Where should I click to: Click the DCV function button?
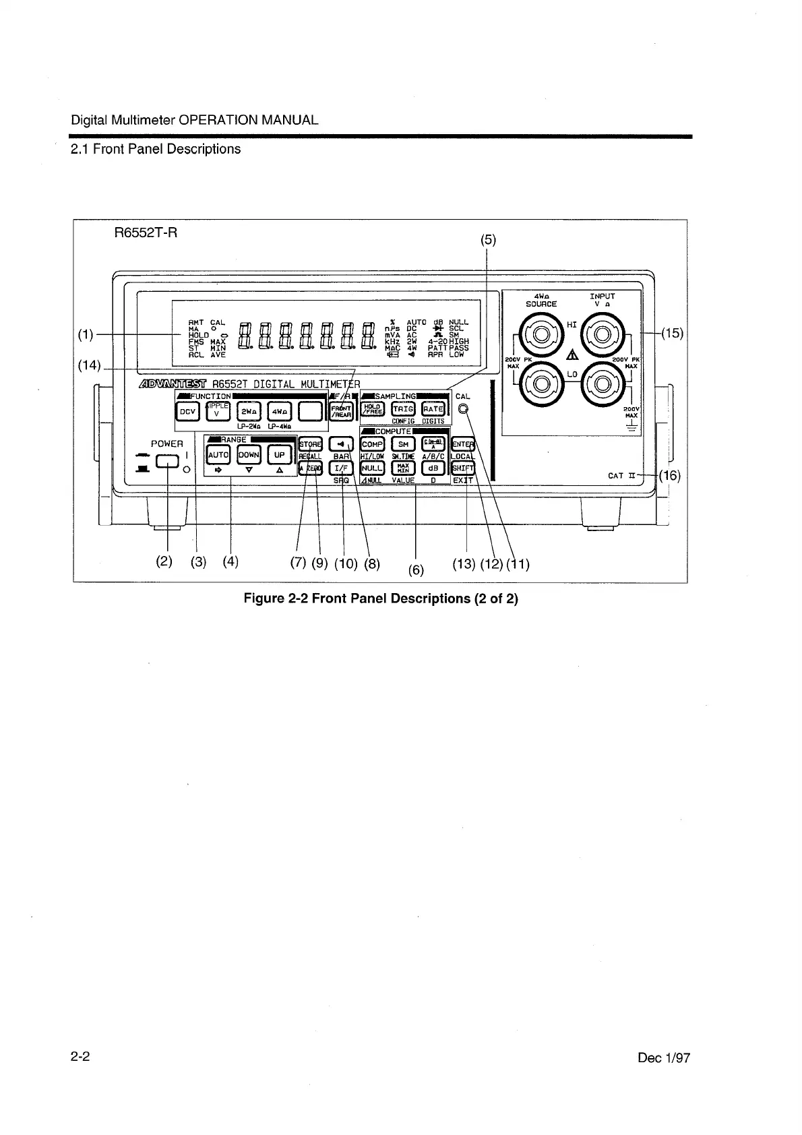coord(187,410)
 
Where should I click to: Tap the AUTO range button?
coord(218,455)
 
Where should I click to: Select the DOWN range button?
coord(249,455)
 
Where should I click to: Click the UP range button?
coord(279,455)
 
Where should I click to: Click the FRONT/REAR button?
coord(342,410)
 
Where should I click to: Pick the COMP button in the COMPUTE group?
coord(372,444)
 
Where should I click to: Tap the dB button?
coord(433,467)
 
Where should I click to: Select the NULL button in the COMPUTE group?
coord(372,467)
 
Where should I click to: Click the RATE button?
coord(433,409)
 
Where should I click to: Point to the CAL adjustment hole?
coord(462,409)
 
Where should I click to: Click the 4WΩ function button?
coord(280,410)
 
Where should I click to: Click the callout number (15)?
coord(672,333)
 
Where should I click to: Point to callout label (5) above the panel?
coord(487,240)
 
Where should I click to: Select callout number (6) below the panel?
coord(417,570)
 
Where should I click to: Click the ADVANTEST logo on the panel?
coord(174,384)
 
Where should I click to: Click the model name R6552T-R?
coord(146,234)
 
